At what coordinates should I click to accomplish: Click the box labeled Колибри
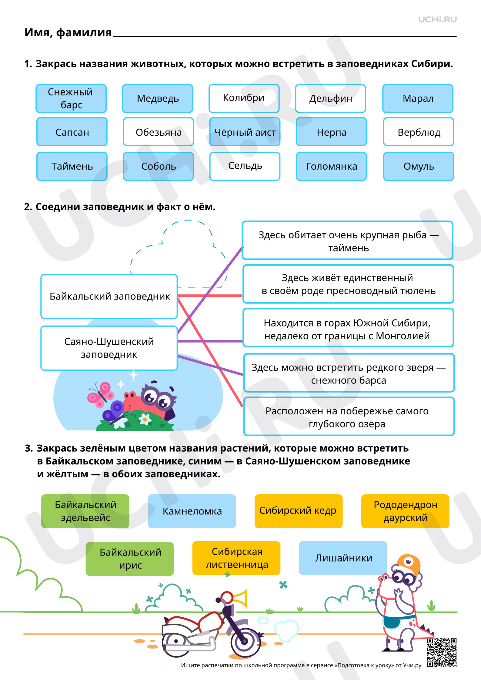click(x=244, y=98)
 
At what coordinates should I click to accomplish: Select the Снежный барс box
click(x=71, y=98)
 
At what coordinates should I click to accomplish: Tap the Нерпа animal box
click(x=331, y=132)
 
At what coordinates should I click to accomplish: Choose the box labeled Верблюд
click(x=419, y=132)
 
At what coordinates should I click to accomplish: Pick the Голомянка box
click(x=331, y=166)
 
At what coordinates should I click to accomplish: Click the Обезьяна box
click(x=158, y=132)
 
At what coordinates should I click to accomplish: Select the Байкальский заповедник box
click(x=109, y=296)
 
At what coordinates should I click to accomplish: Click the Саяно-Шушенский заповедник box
click(x=109, y=348)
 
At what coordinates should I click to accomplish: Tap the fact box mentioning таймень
click(x=348, y=240)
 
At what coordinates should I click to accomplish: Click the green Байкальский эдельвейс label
click(x=85, y=511)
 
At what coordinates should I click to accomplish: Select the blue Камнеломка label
click(x=192, y=511)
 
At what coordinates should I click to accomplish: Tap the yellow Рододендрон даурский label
click(x=405, y=511)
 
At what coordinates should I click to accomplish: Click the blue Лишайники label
click(x=343, y=558)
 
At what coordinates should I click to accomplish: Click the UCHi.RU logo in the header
click(x=437, y=20)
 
